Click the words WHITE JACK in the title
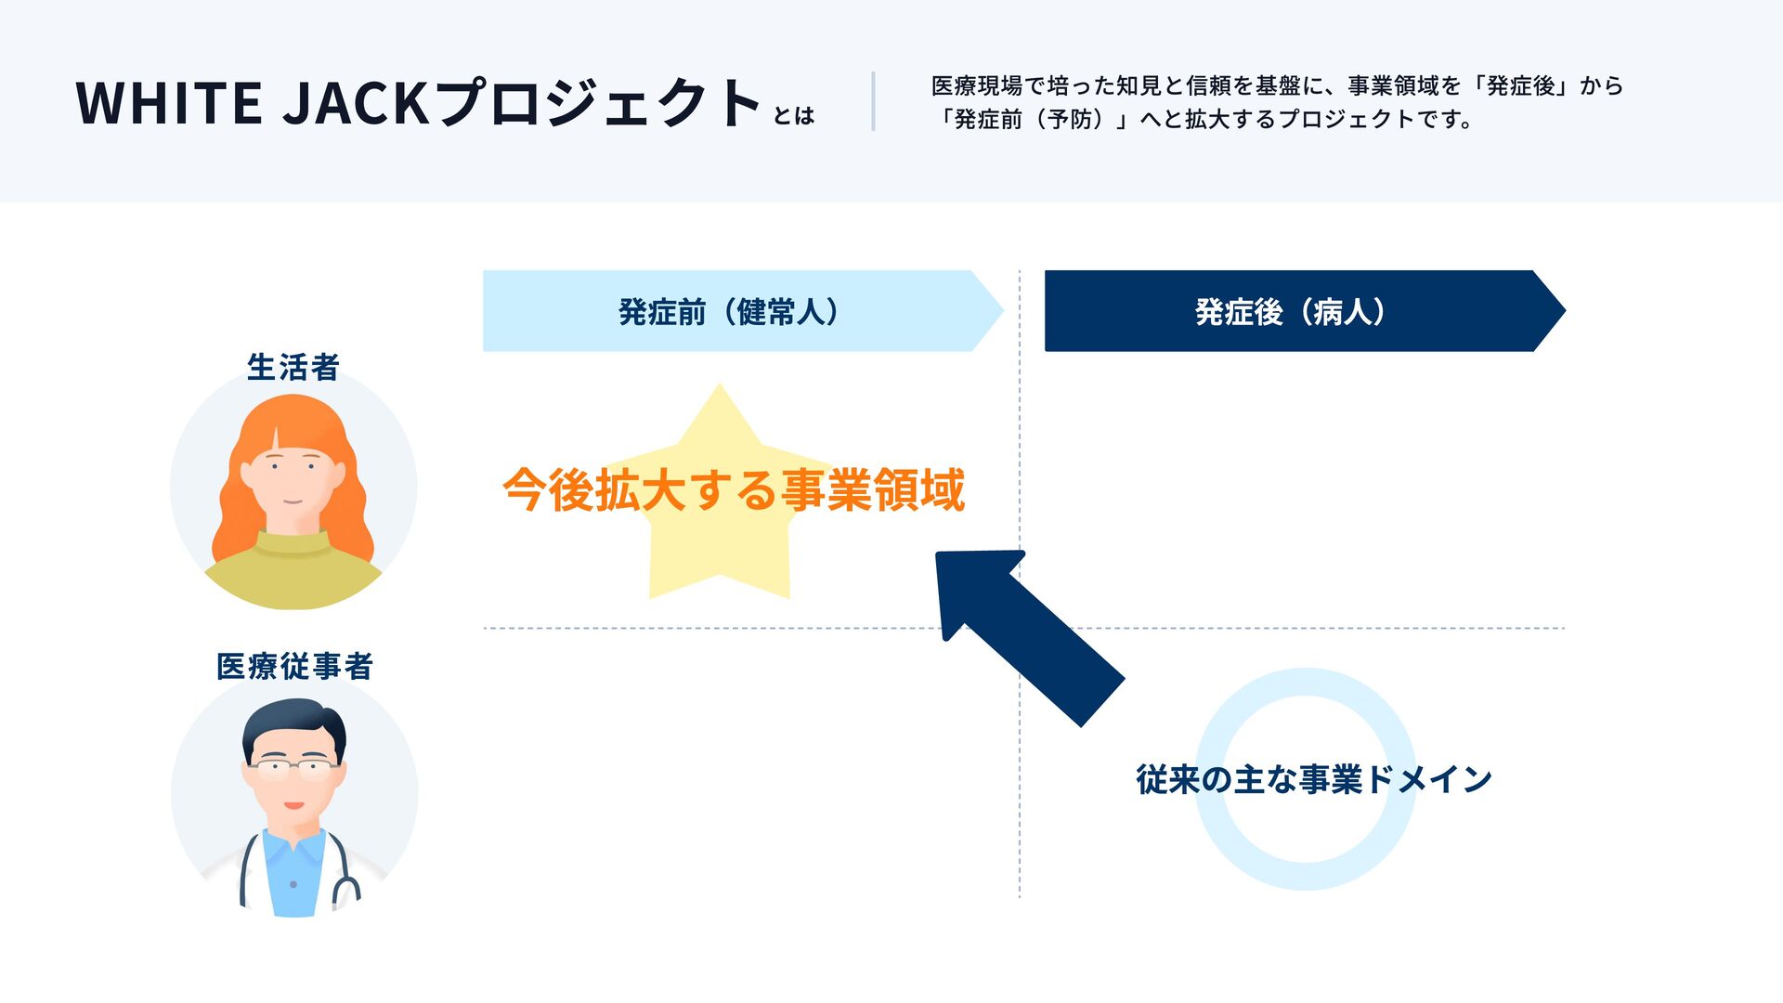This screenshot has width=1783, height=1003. (x=251, y=102)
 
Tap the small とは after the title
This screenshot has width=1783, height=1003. (x=793, y=116)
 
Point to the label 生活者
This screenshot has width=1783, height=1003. (x=293, y=368)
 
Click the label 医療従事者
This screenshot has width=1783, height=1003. (x=294, y=666)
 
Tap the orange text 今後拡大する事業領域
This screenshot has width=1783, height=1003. (x=734, y=489)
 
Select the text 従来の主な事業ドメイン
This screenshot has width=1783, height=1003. (x=1313, y=779)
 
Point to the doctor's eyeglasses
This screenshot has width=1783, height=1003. (x=294, y=768)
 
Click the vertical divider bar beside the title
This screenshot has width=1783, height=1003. (x=873, y=101)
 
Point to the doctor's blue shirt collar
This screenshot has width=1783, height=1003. (x=293, y=845)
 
